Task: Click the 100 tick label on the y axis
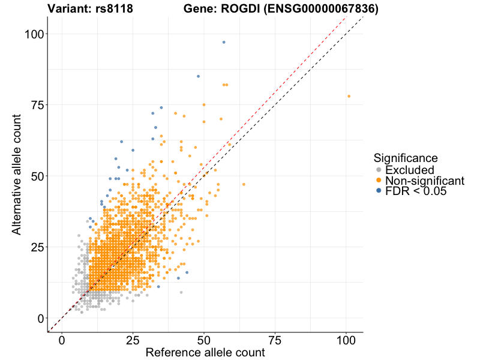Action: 35,34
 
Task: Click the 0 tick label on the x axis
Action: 62,340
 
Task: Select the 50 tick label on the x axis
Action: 204,340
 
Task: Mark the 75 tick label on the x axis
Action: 275,340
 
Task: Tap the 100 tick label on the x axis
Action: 346,340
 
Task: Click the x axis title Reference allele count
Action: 205,353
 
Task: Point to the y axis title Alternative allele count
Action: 17,176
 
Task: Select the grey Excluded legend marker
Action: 379,170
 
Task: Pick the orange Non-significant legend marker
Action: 379,181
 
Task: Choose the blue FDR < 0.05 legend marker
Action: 379,191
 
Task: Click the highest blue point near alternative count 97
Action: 224,42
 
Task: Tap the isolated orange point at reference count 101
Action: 349,96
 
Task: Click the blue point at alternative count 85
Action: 198,76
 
